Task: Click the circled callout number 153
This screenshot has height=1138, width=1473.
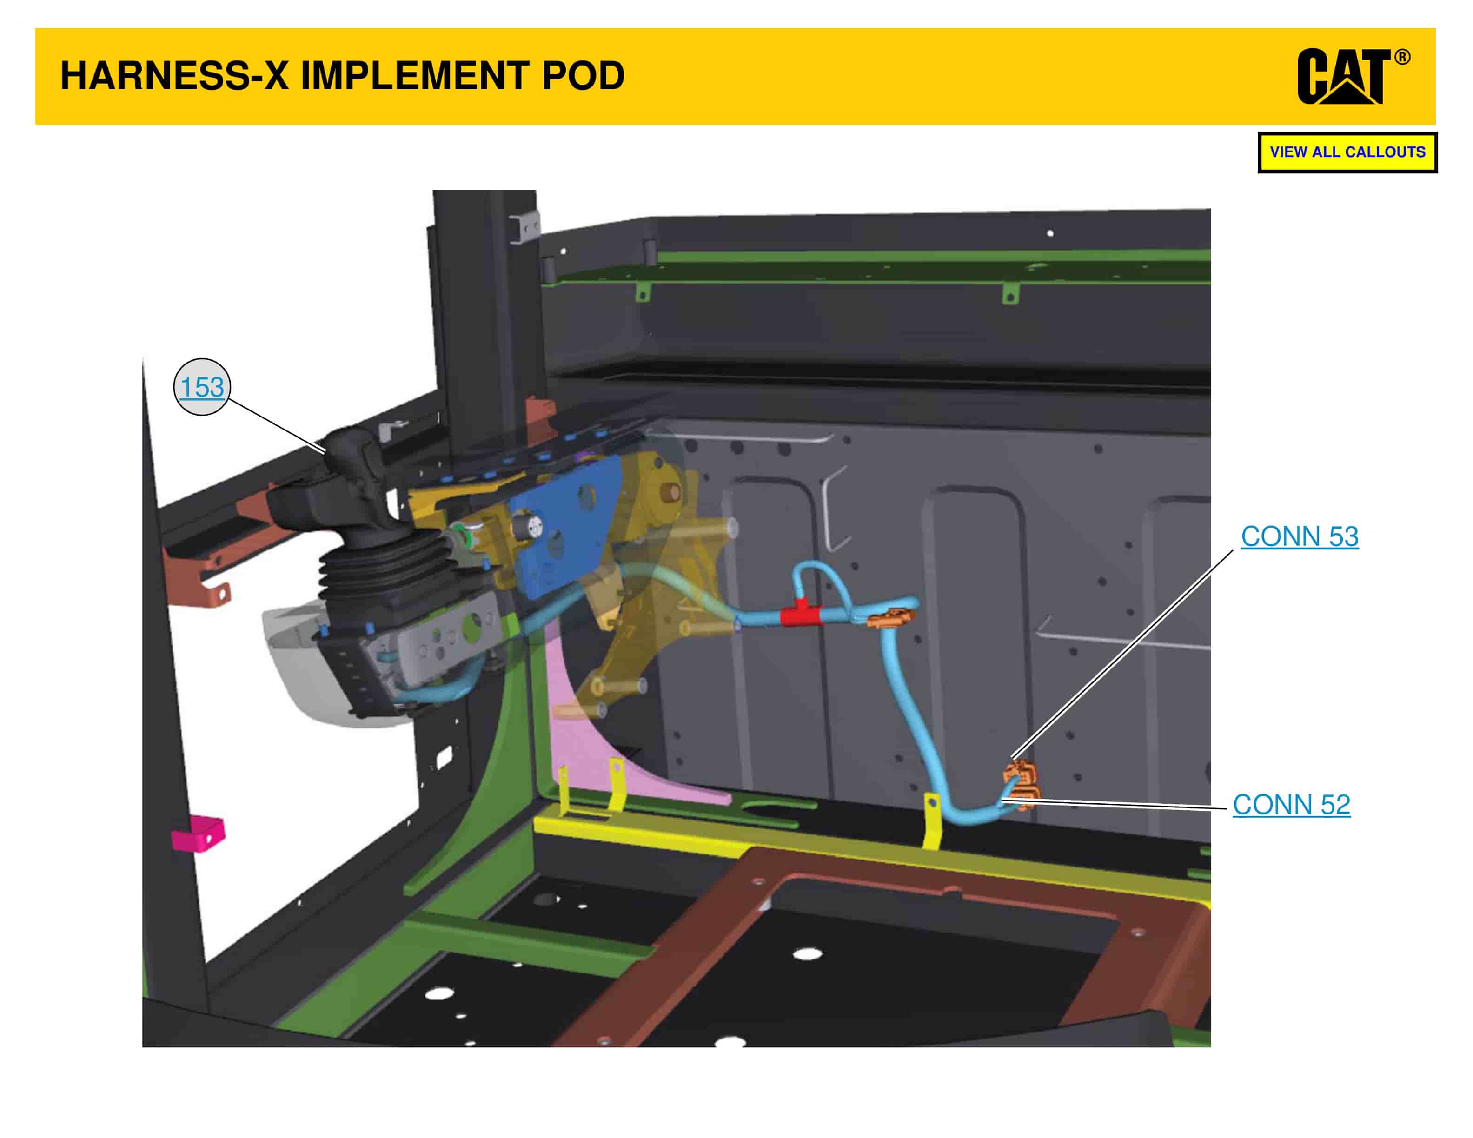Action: pos(202,387)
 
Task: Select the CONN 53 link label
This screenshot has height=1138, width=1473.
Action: pos(1299,536)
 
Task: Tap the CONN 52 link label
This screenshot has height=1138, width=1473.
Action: pos(1291,804)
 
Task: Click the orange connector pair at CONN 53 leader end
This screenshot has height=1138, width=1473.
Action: pos(1018,772)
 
